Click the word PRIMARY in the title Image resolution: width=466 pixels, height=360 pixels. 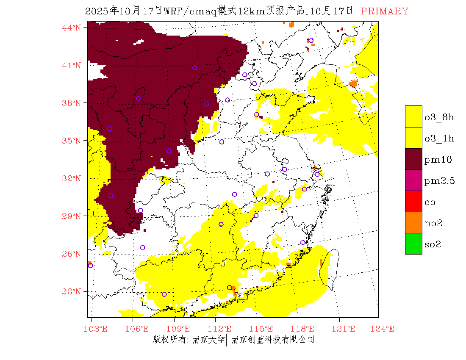point(384,11)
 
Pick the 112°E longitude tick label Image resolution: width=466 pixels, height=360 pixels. point(222,329)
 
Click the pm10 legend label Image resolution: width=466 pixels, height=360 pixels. point(438,160)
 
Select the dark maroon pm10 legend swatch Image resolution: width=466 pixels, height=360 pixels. point(413,159)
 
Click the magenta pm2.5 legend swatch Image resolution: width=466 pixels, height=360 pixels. point(413,180)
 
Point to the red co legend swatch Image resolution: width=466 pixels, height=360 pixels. point(413,201)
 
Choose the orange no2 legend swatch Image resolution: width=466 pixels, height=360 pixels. point(413,222)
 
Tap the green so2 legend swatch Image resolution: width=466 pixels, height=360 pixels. point(413,244)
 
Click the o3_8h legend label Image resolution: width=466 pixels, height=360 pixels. point(439,117)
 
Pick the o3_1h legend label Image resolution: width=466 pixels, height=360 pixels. point(439,138)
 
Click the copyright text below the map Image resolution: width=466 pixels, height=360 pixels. point(233,339)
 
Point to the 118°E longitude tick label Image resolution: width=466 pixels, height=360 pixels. point(305,329)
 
